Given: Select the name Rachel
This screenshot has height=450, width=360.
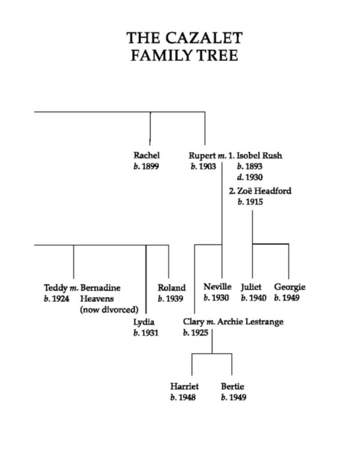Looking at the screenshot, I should pyautogui.click(x=146, y=155).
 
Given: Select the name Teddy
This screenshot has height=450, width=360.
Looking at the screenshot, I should pyautogui.click(x=56, y=287).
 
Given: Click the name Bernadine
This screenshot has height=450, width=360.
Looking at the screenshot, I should pyautogui.click(x=100, y=287).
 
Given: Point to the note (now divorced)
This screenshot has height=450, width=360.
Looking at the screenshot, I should pyautogui.click(x=109, y=310).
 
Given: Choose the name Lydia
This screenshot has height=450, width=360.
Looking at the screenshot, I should pyautogui.click(x=144, y=322).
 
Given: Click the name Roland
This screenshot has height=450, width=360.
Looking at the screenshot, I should pyautogui.click(x=171, y=287).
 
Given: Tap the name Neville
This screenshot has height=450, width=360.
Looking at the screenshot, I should pyautogui.click(x=217, y=287).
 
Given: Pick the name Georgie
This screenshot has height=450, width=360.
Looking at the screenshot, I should pyautogui.click(x=289, y=287).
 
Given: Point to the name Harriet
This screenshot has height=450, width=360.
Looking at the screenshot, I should pyautogui.click(x=184, y=386).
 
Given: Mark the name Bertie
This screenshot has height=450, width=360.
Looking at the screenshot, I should pyautogui.click(x=232, y=386).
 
